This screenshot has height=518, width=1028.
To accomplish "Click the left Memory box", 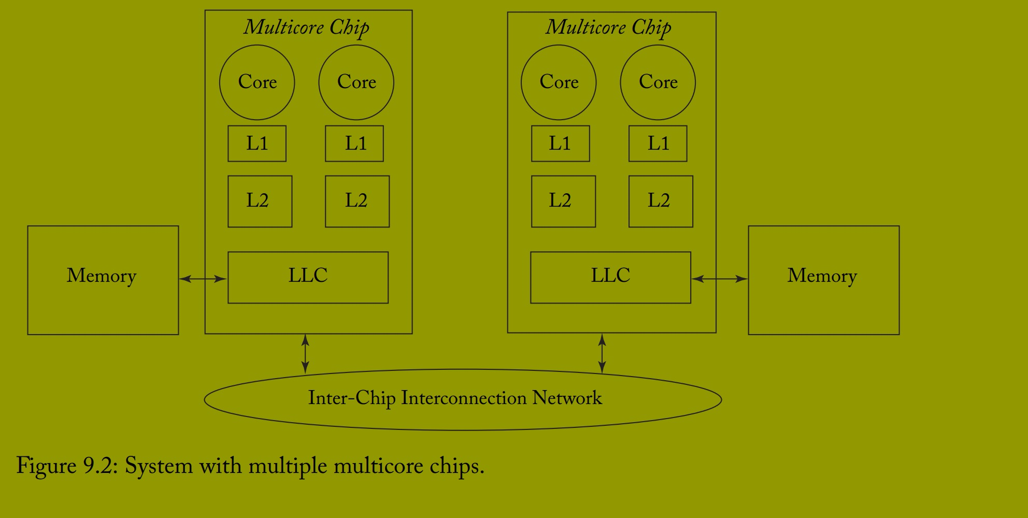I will pyautogui.click(x=103, y=280).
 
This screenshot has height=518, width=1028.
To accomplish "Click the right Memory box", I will pyautogui.click(x=823, y=280).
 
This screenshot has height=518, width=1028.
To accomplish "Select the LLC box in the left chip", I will pyautogui.click(x=308, y=277).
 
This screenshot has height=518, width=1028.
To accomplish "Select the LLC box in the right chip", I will pyautogui.click(x=610, y=277).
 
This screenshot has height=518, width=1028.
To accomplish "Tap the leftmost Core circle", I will pyautogui.click(x=257, y=82).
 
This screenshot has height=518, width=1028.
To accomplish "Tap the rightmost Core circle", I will pyautogui.click(x=658, y=82).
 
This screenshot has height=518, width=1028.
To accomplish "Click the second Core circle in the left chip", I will pyautogui.click(x=356, y=82).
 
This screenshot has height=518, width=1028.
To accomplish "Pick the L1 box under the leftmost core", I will pyautogui.click(x=257, y=143).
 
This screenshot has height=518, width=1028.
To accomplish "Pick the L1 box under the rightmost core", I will pyautogui.click(x=658, y=143).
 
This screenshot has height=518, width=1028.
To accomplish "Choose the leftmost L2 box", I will pyautogui.click(x=260, y=201).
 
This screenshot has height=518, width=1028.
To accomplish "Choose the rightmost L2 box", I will pyautogui.click(x=661, y=201).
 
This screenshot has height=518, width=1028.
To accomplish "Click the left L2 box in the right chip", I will pyautogui.click(x=563, y=201).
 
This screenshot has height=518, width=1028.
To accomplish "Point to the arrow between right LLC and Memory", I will pyautogui.click(x=720, y=279).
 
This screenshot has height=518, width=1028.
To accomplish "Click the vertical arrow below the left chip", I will pyautogui.click(x=305, y=354).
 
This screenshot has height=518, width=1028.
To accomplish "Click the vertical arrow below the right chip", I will pyautogui.click(x=602, y=354).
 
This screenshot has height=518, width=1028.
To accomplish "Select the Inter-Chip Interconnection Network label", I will pyautogui.click(x=455, y=398).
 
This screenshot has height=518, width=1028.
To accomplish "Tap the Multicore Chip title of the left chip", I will pyautogui.click(x=306, y=27).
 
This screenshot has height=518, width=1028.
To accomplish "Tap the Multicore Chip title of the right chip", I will pyautogui.click(x=608, y=27).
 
